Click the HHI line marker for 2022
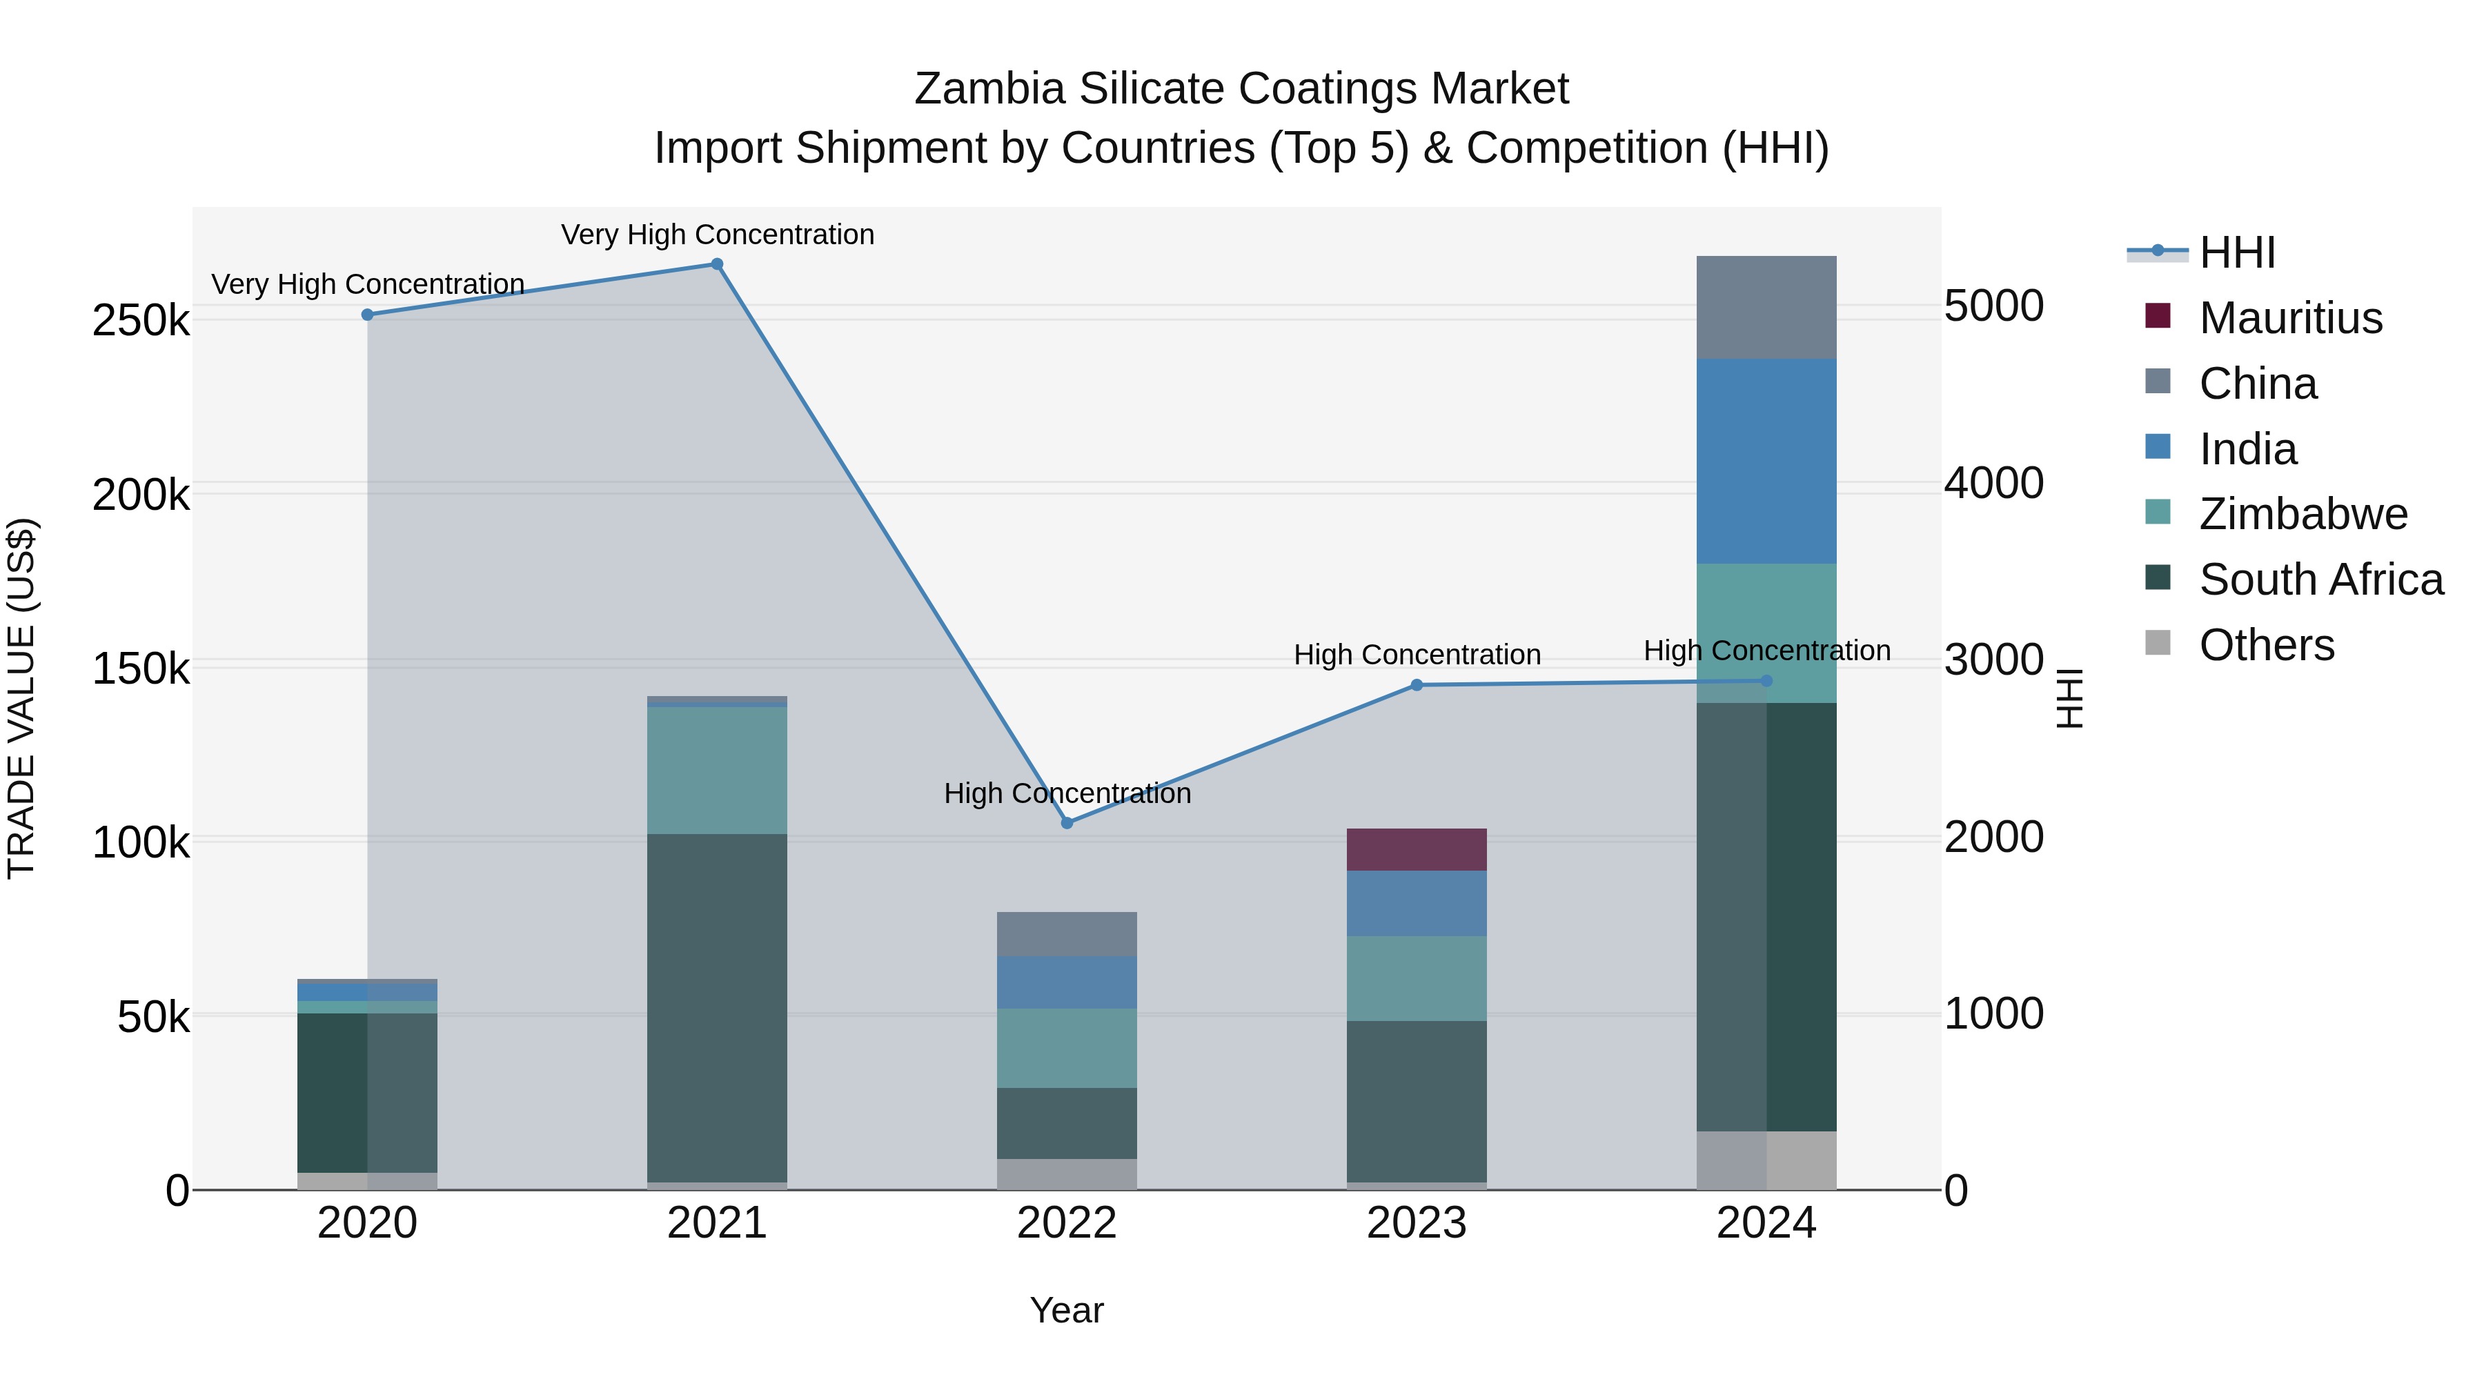(x=1067, y=823)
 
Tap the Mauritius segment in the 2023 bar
(x=1417, y=849)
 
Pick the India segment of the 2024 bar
(x=1766, y=461)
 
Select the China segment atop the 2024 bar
(x=1766, y=308)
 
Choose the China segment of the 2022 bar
(x=1067, y=934)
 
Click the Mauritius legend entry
(x=2290, y=318)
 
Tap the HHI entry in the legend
(x=2237, y=252)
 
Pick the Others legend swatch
(x=2158, y=643)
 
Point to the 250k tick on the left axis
(x=141, y=320)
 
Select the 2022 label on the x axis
(x=1067, y=1223)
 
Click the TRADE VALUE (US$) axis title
(x=22, y=698)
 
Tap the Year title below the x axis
(x=1067, y=1310)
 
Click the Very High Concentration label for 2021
(x=718, y=235)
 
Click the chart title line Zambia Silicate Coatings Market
(x=1241, y=89)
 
